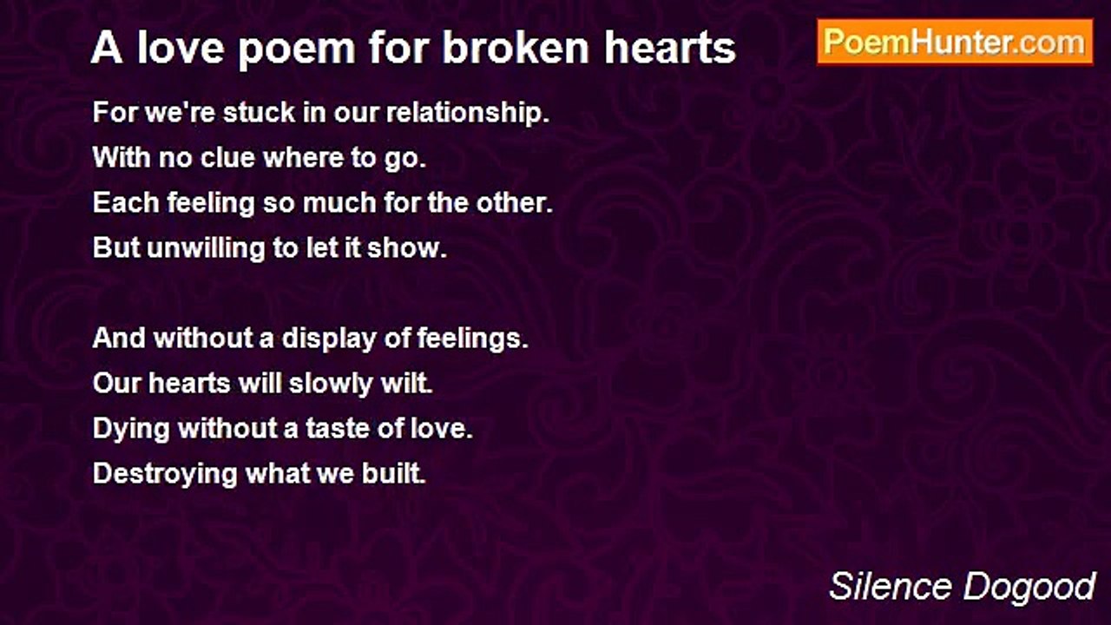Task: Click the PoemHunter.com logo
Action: pyautogui.click(x=955, y=42)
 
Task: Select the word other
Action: pyautogui.click(x=518, y=203)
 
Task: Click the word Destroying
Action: pyautogui.click(x=164, y=474)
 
